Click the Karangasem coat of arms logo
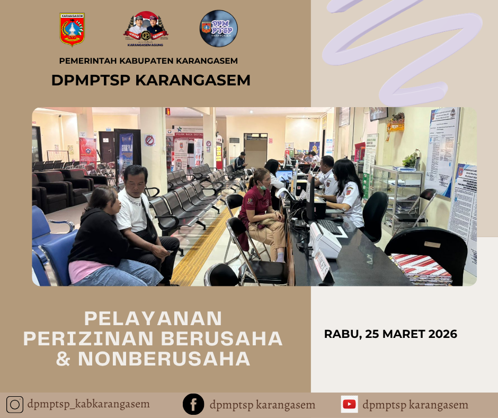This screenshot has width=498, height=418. [x=72, y=30]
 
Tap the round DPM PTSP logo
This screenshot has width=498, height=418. [x=218, y=29]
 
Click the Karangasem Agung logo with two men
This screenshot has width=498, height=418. [x=146, y=29]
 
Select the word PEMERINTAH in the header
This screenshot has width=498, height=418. [x=86, y=61]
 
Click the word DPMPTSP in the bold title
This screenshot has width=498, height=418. [x=91, y=80]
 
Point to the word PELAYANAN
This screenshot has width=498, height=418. [x=153, y=318]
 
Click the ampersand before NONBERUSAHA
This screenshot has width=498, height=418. [x=63, y=359]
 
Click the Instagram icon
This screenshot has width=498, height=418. [x=15, y=405]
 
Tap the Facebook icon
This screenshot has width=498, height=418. [x=193, y=405]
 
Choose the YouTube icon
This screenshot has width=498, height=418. [x=349, y=404]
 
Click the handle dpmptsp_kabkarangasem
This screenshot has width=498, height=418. [x=88, y=404]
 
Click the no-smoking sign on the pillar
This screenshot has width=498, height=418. [x=150, y=141]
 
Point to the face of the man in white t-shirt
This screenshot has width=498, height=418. [x=136, y=180]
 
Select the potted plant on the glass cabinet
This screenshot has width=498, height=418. [x=410, y=159]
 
